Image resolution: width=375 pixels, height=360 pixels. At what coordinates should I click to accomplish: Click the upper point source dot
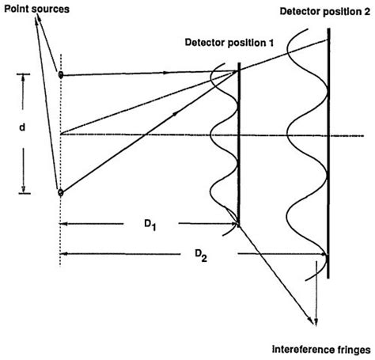[61, 75]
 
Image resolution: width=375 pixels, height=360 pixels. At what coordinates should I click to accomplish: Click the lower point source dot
[61, 191]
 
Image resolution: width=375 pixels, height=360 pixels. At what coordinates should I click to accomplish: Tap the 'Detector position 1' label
[229, 41]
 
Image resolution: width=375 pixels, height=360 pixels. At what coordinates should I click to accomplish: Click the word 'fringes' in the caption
[347, 347]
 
